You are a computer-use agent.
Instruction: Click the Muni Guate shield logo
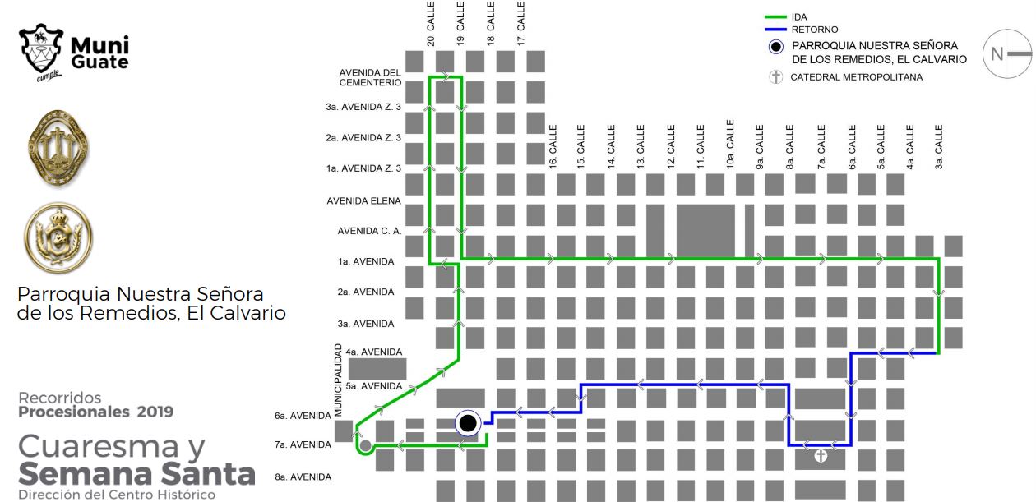pyautogui.click(x=41, y=49)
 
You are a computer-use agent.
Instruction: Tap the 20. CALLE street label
pyautogui.click(x=431, y=24)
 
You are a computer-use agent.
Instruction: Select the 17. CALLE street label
pyautogui.click(x=520, y=24)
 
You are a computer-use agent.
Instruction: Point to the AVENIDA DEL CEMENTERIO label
pyautogui.click(x=370, y=78)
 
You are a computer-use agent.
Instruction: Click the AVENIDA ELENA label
pyautogui.click(x=363, y=201)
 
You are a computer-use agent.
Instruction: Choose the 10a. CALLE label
pyautogui.click(x=730, y=145)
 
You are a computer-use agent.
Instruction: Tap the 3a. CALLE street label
pyautogui.click(x=939, y=147)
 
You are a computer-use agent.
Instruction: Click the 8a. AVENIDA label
pyautogui.click(x=303, y=477)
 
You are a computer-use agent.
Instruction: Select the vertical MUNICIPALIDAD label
pyautogui.click(x=338, y=380)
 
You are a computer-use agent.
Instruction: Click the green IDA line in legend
pyautogui.click(x=775, y=17)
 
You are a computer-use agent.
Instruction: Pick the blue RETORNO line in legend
pyautogui.click(x=775, y=30)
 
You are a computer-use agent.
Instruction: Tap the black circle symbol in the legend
pyautogui.click(x=776, y=47)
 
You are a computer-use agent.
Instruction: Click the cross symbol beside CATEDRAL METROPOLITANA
pyautogui.click(x=776, y=76)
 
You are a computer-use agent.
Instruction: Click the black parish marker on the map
pyautogui.click(x=468, y=423)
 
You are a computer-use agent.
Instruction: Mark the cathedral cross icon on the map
pyautogui.click(x=821, y=457)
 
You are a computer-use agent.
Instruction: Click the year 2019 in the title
pyautogui.click(x=155, y=412)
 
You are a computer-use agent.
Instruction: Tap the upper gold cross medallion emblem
pyautogui.click(x=58, y=148)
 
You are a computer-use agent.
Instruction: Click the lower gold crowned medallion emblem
pyautogui.click(x=58, y=237)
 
